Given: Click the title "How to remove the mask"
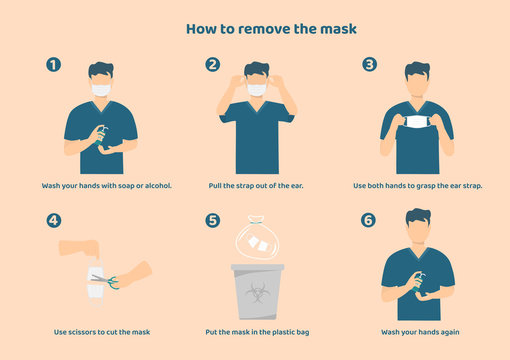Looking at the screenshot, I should tap(256, 28).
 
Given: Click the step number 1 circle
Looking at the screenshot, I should tap(54, 65).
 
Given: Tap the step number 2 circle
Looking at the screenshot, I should tap(212, 65).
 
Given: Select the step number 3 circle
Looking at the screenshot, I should tap(370, 65).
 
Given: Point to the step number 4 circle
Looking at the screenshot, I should tap(54, 220).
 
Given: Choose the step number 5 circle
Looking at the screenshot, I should tap(212, 220).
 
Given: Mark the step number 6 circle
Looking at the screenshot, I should tap(370, 220).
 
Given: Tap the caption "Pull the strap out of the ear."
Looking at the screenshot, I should tap(256, 186).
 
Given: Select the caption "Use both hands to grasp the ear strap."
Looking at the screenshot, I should tap(418, 186).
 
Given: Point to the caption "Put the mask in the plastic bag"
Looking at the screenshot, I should tap(256, 331).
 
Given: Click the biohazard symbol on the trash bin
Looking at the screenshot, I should tap(256, 297).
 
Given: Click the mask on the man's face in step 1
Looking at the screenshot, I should tap(100, 90).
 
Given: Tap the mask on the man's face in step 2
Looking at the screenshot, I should tap(257, 90).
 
